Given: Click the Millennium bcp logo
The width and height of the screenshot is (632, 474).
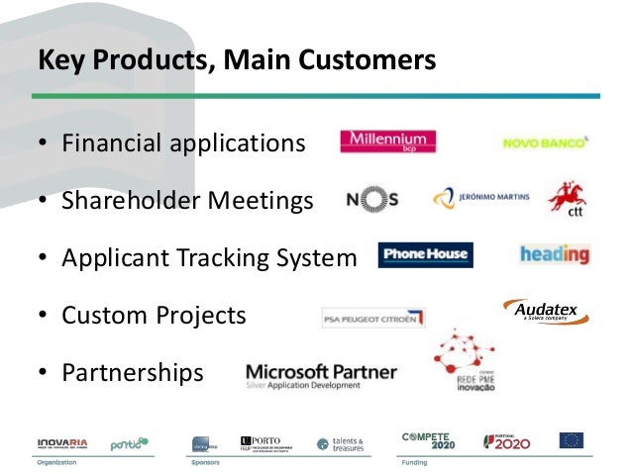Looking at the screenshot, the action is point(387,142).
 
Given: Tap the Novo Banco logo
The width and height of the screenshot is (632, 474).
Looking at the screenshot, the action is point(546,142).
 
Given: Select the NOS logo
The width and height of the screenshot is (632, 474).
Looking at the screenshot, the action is point(372,199).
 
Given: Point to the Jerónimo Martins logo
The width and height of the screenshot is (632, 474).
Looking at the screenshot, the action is point(481,198).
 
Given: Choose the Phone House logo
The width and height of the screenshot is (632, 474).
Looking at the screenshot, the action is point(425,255).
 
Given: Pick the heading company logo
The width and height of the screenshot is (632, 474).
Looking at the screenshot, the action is point(554,254).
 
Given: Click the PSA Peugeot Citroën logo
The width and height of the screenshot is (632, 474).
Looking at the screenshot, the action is point(373,318).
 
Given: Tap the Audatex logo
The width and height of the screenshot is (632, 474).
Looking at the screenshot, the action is point(546,312).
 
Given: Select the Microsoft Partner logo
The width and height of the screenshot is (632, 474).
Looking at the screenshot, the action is point(320,375).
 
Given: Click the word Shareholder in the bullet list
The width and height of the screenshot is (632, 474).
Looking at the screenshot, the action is point(127,201).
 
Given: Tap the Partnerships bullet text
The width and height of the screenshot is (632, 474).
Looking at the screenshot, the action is point(132,373).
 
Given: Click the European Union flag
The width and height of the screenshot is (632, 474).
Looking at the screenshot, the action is point(572,440).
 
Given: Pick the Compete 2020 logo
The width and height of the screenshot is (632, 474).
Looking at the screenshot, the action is point(427,440).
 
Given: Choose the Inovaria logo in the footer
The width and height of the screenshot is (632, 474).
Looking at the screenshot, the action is point(61,441).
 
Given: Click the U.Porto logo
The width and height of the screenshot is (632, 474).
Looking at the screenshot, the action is point(267,441).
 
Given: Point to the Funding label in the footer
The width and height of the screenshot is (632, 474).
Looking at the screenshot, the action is point(415,461).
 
